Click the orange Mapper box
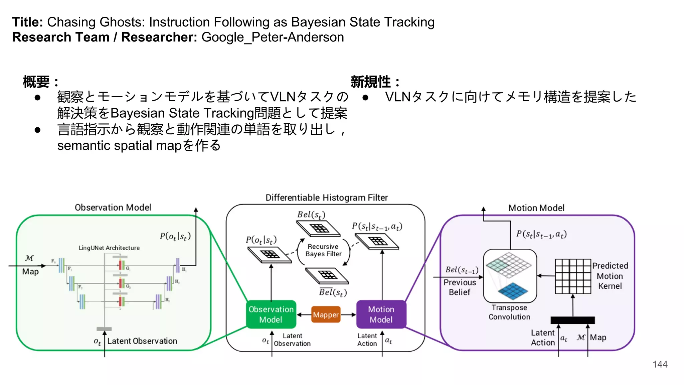[x=326, y=314]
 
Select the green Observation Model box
[x=271, y=314]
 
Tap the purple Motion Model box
[x=381, y=314]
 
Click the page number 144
[x=660, y=364]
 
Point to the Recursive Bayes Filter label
[x=323, y=250]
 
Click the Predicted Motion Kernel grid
[x=573, y=276]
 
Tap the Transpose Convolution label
[x=509, y=312]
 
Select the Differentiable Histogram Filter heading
[x=327, y=198]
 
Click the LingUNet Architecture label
[x=109, y=248]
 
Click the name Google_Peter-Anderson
[x=273, y=37]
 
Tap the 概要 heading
[x=37, y=82]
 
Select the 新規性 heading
[x=371, y=82]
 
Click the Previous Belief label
[x=460, y=287]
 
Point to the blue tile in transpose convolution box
[x=513, y=290]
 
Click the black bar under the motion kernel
[x=572, y=320]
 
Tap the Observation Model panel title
[x=113, y=208]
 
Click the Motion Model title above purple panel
[x=536, y=208]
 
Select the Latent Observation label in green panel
[x=142, y=341]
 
